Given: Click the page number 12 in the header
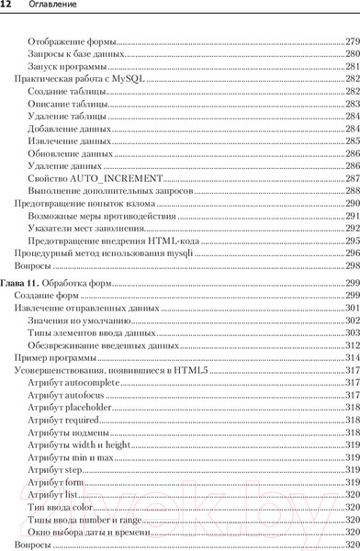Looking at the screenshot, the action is [x=6, y=8].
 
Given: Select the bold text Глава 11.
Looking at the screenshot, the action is [x=21, y=282].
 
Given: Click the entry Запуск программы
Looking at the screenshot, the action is [x=62, y=67].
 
